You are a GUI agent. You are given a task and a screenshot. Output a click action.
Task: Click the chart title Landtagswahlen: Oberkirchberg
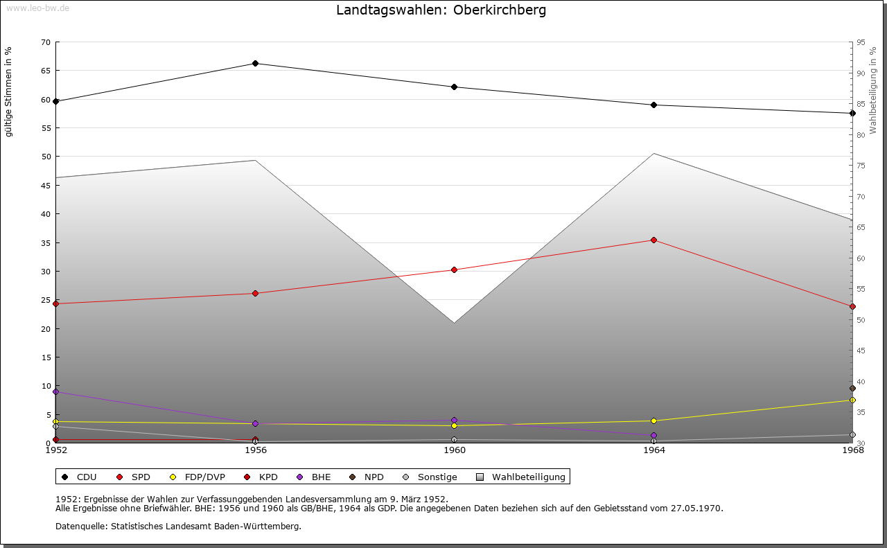(441, 10)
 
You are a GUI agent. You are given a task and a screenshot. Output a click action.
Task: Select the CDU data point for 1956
(255, 64)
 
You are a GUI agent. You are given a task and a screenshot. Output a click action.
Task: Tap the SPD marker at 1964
(653, 240)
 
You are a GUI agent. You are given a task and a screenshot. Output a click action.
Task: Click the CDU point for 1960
(455, 87)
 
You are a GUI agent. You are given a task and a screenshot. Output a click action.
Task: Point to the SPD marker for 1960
(455, 269)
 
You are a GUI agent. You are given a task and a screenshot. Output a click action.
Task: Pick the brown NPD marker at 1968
(852, 389)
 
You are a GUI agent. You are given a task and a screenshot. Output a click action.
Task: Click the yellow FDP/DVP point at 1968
(852, 400)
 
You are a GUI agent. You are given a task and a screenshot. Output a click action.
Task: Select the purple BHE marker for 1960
(455, 421)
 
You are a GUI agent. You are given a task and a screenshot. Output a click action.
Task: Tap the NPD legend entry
(374, 477)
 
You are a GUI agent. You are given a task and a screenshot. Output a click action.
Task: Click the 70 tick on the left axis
(45, 42)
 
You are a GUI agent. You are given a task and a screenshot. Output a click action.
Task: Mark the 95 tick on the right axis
(861, 42)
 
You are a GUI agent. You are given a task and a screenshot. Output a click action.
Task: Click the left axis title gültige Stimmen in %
(9, 92)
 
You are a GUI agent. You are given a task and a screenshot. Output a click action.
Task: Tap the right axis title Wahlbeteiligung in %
(873, 90)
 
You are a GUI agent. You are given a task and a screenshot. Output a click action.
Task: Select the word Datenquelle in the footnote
(78, 527)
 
